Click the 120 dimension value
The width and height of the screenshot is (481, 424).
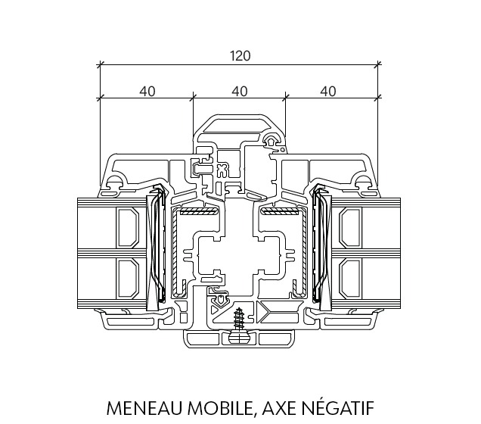coord(240,56)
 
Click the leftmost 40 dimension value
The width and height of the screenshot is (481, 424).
coord(147,91)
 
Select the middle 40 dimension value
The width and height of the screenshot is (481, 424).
coord(240,91)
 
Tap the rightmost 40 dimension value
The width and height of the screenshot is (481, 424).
coord(328,91)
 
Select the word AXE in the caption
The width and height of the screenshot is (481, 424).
coord(279,408)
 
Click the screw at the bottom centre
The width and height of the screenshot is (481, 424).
coord(239,320)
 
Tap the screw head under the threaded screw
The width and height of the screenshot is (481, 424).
coord(239,338)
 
